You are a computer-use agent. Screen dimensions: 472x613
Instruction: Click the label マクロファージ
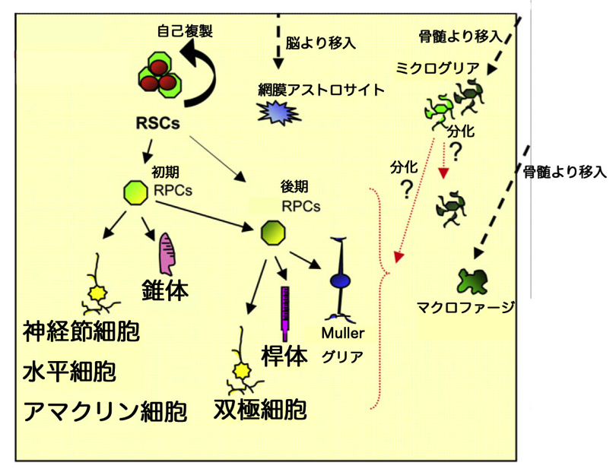click(x=465, y=308)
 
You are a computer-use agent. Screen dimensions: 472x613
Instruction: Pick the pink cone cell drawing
click(x=169, y=254)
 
